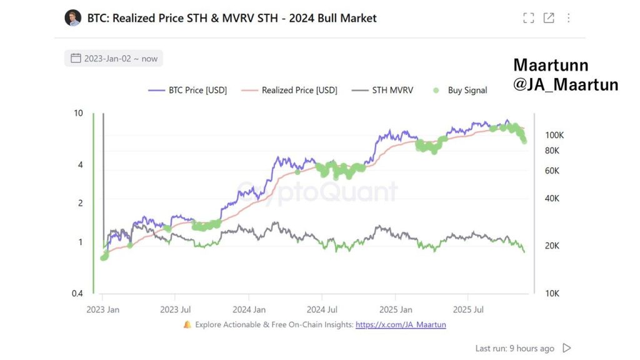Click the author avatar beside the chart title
click(x=73, y=17)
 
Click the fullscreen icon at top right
click(x=529, y=18)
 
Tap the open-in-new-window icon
click(x=549, y=18)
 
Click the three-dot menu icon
click(x=569, y=18)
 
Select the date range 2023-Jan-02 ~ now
click(x=114, y=59)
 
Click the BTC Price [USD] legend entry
click(x=187, y=90)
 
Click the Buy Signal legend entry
click(x=460, y=90)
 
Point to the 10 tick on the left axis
click(x=78, y=113)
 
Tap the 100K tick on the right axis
click(x=555, y=135)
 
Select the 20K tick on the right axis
click(x=552, y=246)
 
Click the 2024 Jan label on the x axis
click(x=249, y=309)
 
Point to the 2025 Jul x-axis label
click(x=469, y=309)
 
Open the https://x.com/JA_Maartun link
click(x=401, y=324)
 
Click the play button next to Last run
click(x=567, y=348)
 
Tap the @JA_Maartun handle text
click(x=566, y=84)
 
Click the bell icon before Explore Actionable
click(x=187, y=324)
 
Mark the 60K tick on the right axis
click(x=552, y=171)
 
